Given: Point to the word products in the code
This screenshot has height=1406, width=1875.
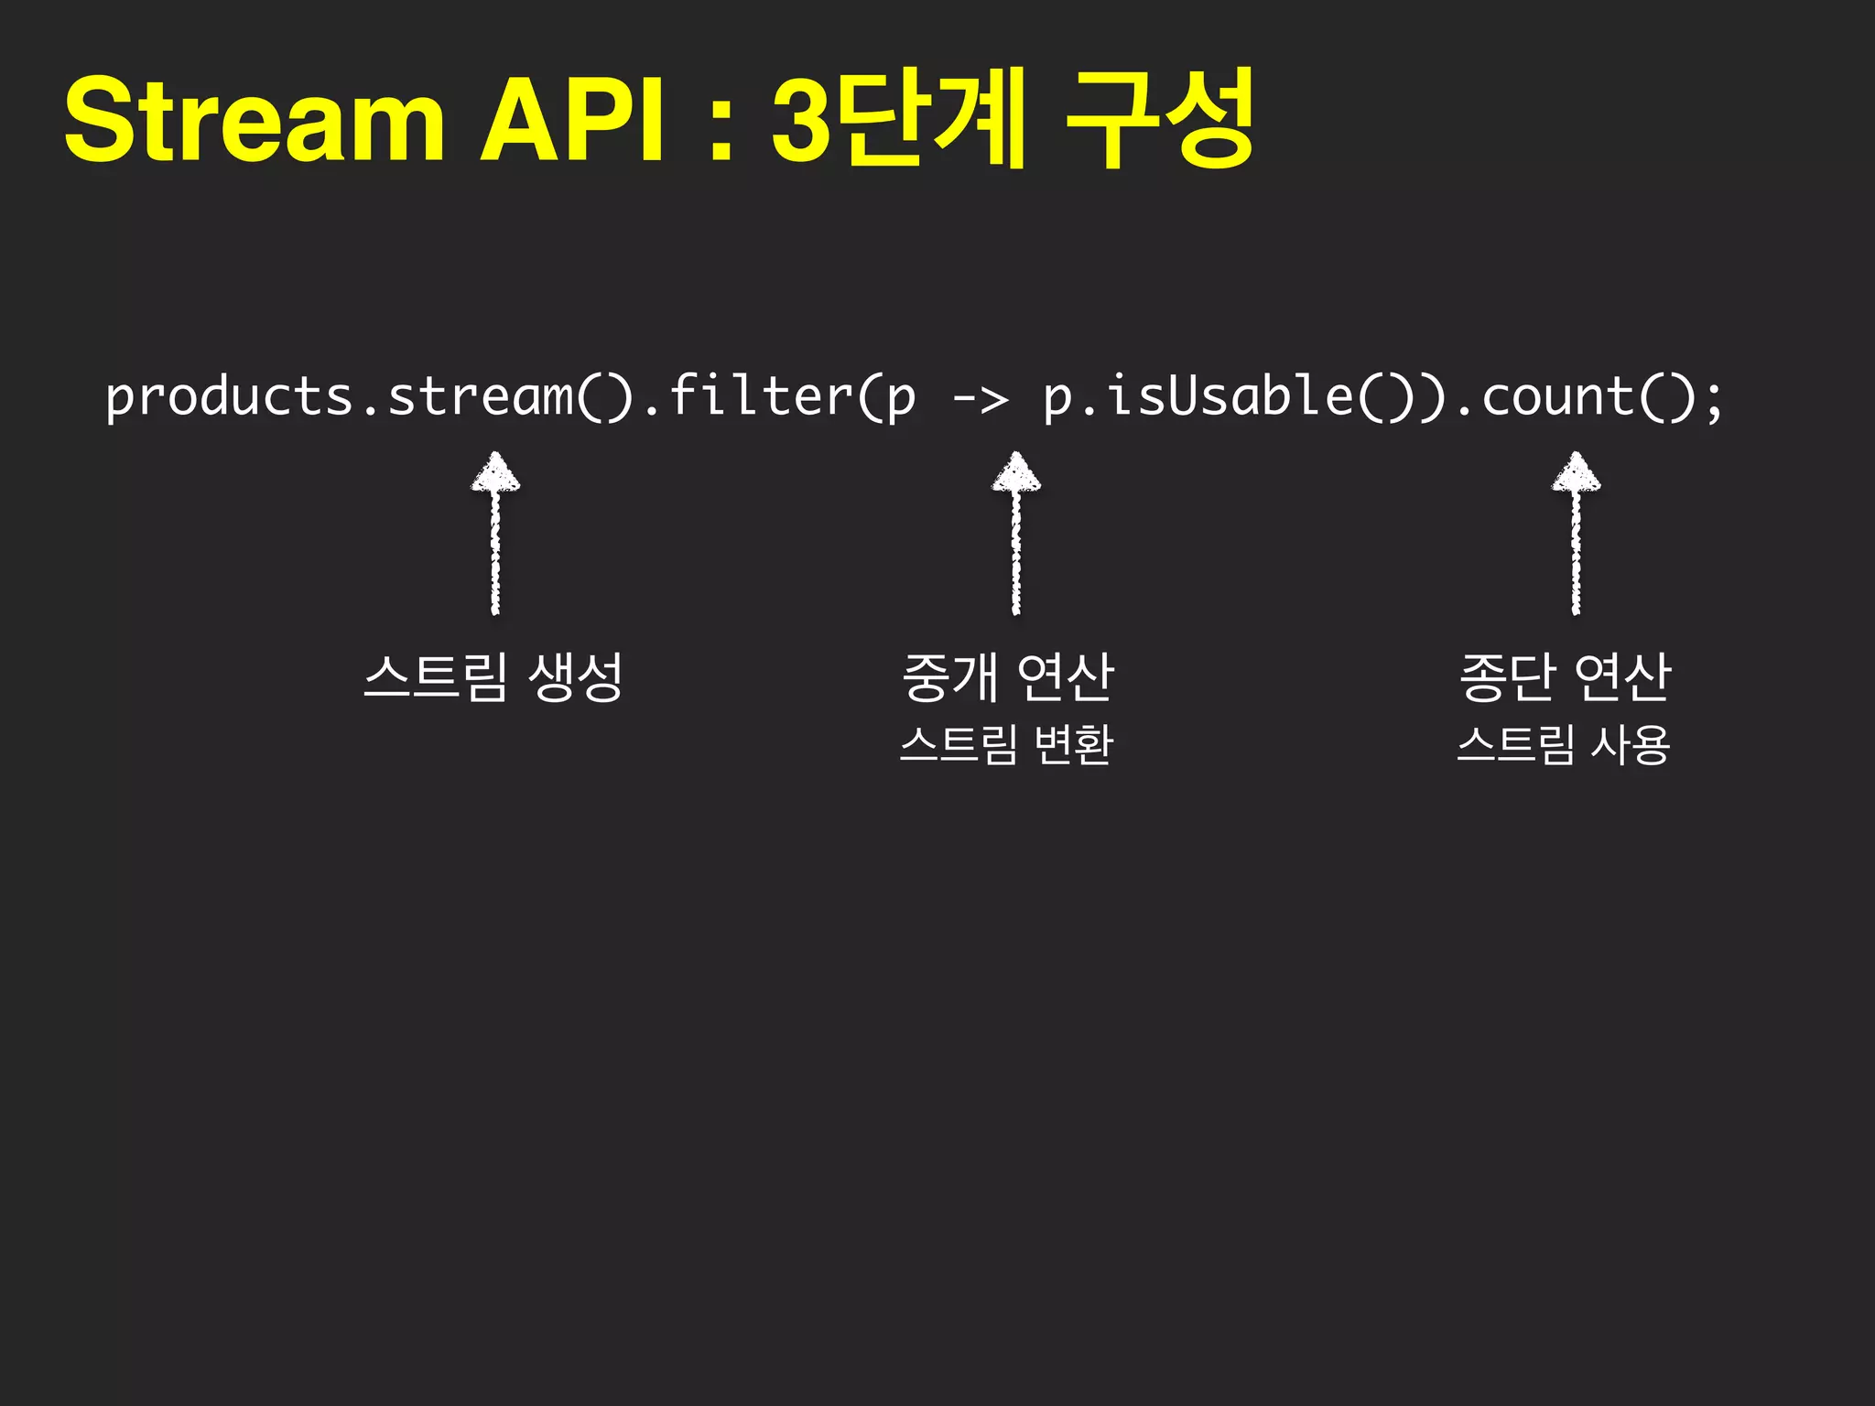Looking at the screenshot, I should coord(229,397).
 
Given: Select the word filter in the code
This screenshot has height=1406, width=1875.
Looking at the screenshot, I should coord(760,397).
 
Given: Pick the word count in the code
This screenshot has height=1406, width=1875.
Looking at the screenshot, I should coord(1556,397).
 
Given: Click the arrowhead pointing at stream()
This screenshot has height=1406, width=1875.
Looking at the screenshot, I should coord(495,473).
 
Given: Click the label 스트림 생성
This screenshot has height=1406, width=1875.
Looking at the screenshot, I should coord(493,677).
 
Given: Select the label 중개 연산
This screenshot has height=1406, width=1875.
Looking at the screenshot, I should coord(1007,677).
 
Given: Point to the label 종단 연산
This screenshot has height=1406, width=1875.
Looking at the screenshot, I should coord(1565,677).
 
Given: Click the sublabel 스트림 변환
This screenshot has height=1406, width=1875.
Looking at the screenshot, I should coord(1006,744).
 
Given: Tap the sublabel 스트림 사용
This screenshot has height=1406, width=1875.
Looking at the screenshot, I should coord(1564,744).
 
